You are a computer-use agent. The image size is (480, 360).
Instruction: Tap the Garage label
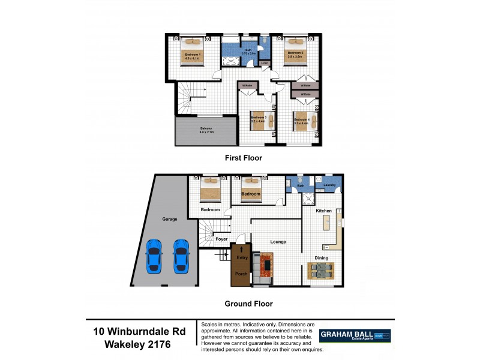169,219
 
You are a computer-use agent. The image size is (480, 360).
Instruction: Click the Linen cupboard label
264,62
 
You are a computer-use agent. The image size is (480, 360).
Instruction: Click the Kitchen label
324,211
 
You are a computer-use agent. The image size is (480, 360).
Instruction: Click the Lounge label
277,241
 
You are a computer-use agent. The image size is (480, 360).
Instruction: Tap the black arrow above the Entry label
241,248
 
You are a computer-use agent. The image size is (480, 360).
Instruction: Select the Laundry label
329,185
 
